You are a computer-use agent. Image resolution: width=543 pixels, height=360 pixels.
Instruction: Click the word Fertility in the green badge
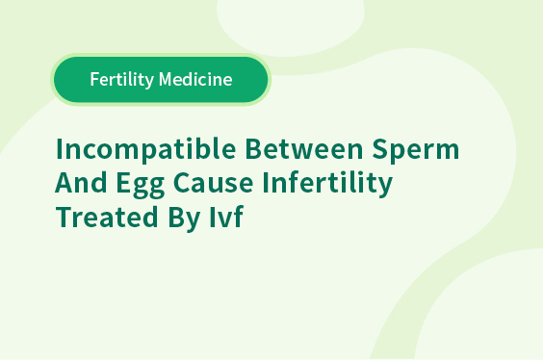pyautogui.click(x=122, y=80)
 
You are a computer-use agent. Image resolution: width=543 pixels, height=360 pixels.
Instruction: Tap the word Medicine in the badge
pyautogui.click(x=195, y=79)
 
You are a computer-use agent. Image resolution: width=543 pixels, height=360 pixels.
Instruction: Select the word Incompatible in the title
pyautogui.click(x=145, y=150)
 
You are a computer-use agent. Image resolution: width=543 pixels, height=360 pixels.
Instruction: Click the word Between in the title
pyautogui.click(x=304, y=149)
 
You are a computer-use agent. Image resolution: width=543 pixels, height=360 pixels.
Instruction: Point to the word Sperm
pyautogui.click(x=416, y=150)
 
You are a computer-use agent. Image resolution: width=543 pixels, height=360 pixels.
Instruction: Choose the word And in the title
pyautogui.click(x=82, y=182)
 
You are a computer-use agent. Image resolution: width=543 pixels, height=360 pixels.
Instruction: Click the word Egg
pyautogui.click(x=141, y=184)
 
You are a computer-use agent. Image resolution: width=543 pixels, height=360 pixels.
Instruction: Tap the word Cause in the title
pyautogui.click(x=214, y=183)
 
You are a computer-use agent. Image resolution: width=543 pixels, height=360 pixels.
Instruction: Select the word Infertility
pyautogui.click(x=327, y=184)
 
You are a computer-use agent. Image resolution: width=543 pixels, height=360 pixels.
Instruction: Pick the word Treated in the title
pyautogui.click(x=107, y=217)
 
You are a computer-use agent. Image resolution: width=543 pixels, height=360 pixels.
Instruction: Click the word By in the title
pyautogui.click(x=184, y=219)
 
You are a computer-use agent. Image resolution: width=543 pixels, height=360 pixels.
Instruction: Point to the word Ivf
pyautogui.click(x=226, y=217)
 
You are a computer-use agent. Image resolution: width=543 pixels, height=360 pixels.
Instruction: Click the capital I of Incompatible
pyautogui.click(x=59, y=149)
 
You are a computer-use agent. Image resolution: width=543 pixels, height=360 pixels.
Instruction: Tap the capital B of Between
pyautogui.click(x=254, y=149)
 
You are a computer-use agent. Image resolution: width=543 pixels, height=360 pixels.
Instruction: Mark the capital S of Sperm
pyautogui.click(x=380, y=149)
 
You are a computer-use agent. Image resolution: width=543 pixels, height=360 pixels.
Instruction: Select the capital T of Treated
pyautogui.click(x=65, y=217)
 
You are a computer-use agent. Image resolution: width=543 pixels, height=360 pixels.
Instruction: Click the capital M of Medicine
pyautogui.click(x=166, y=79)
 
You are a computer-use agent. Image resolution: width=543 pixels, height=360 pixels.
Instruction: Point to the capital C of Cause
pyautogui.click(x=182, y=183)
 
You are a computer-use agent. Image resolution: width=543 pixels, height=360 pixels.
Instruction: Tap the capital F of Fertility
pyautogui.click(x=94, y=79)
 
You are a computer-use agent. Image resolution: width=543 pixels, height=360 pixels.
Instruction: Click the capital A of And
pyautogui.click(x=65, y=182)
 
